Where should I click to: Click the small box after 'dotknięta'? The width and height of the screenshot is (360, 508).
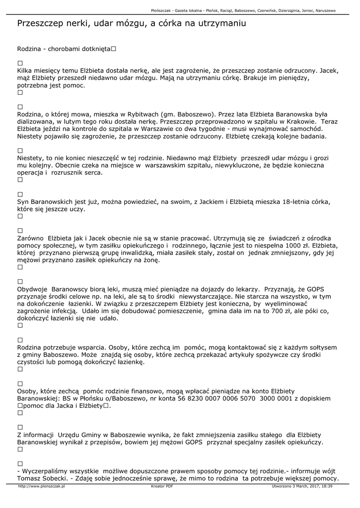[x=114, y=49]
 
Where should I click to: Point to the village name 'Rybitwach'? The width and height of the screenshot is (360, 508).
[x=145, y=114]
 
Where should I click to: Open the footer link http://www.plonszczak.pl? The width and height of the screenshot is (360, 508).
[x=41, y=487]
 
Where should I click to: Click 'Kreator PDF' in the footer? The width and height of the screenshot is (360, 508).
[x=162, y=487]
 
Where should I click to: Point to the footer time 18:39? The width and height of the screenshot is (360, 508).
[x=326, y=487]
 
